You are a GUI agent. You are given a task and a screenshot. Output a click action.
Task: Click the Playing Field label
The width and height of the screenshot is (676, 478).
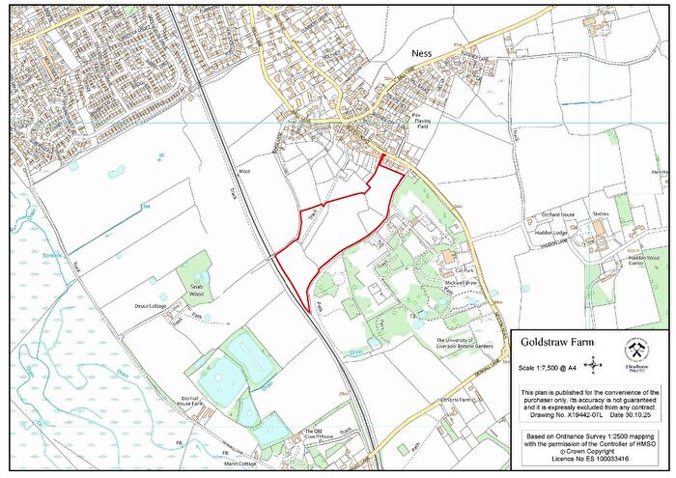pyautogui.click(x=419, y=124)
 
